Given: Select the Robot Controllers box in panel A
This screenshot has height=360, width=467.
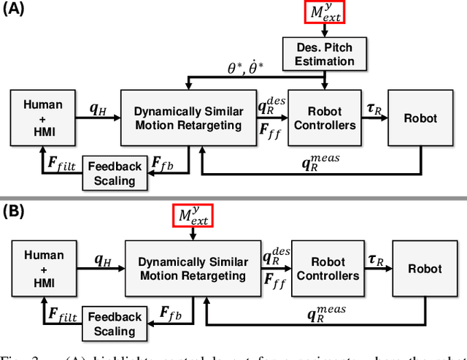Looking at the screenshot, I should [325, 118].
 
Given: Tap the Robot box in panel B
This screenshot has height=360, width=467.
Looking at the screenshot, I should [425, 269].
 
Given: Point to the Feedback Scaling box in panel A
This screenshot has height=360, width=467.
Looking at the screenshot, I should [115, 173].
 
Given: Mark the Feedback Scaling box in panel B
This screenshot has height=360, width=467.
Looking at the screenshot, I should [115, 323].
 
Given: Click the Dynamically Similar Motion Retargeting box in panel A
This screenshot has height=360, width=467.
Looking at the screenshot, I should [189, 118].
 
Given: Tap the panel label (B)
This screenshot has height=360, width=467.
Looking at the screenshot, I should [14, 212].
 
